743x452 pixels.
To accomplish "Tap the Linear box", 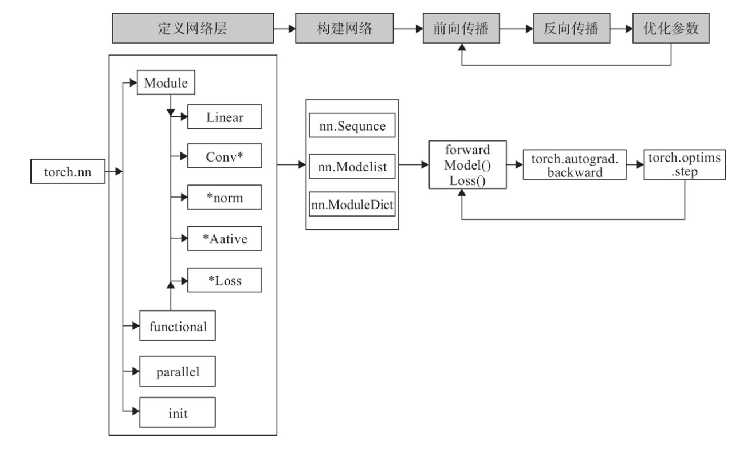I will pyautogui.click(x=225, y=117).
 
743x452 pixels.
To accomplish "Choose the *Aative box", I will pyautogui.click(x=225, y=238).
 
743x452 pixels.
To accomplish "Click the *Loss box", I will pyautogui.click(x=225, y=280).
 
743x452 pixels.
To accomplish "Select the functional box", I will pyautogui.click(x=178, y=326).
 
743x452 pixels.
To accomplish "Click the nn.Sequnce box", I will pyautogui.click(x=352, y=127).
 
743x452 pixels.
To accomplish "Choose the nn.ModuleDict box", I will pyautogui.click(x=352, y=205).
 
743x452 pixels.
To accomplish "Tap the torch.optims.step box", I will pyautogui.click(x=685, y=166).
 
